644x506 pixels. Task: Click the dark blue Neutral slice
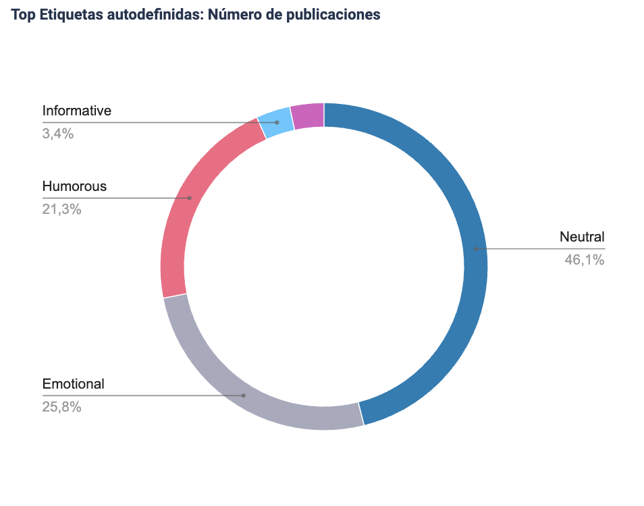(x=466, y=202)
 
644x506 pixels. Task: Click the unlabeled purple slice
(x=308, y=116)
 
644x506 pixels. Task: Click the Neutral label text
(x=582, y=237)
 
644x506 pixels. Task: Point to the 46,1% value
(x=585, y=259)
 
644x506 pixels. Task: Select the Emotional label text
(x=74, y=384)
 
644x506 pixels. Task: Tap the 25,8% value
(x=62, y=407)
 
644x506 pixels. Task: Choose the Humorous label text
(x=74, y=186)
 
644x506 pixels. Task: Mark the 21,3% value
(x=62, y=209)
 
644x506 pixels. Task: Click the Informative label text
(x=76, y=111)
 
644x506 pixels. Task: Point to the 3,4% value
(x=58, y=134)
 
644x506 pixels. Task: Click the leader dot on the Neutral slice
(x=475, y=249)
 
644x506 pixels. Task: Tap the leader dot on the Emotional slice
(x=244, y=395)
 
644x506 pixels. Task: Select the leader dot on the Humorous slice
(x=190, y=198)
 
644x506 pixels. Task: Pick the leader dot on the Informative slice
(x=277, y=122)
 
